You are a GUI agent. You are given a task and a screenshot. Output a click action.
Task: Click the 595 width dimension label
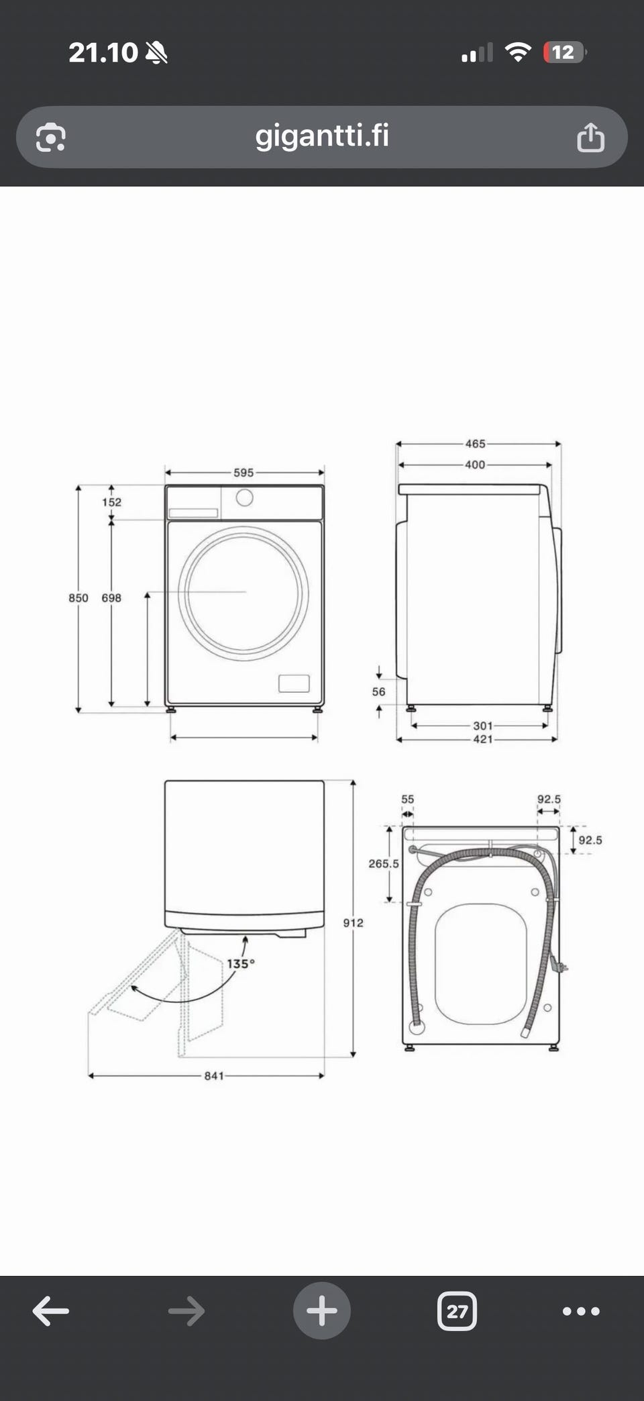click(x=244, y=473)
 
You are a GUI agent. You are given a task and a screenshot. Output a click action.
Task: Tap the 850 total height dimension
click(x=78, y=597)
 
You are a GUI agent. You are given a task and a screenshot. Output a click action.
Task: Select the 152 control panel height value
click(x=112, y=502)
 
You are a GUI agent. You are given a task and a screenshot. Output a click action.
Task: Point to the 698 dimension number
click(x=111, y=597)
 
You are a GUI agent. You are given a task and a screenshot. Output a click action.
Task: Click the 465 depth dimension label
click(x=475, y=444)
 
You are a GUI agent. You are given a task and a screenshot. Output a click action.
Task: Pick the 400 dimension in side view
click(x=475, y=465)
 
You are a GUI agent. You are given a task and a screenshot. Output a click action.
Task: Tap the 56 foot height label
click(x=379, y=691)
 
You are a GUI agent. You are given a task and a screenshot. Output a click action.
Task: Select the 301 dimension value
click(x=483, y=726)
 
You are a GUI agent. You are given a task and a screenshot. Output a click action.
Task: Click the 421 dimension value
click(x=483, y=739)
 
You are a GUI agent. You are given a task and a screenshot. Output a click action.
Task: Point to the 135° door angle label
click(x=240, y=964)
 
